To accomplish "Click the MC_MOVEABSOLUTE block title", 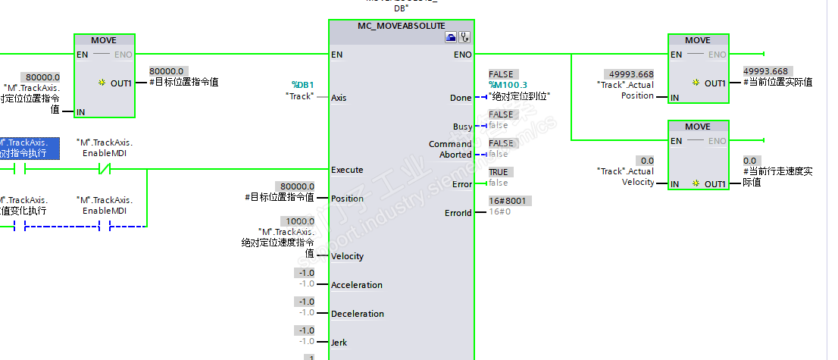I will coord(401,26).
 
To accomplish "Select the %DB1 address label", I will coord(302,85).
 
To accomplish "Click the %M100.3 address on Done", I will coord(508,85).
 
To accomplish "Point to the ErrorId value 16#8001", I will coord(507,201).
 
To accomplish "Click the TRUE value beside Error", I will coord(499,172).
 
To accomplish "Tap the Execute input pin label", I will coord(347,170).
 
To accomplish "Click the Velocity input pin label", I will coord(347,256).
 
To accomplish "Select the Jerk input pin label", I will coord(339,343).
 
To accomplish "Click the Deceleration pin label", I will coord(357,314).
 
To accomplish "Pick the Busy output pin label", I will coord(462,127).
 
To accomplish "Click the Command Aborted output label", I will coord(450,149).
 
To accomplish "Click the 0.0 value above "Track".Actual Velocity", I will coord(647,161).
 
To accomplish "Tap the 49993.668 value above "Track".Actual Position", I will coord(630,74).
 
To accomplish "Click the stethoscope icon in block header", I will coord(464,37).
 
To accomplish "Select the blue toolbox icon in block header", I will coord(451,37).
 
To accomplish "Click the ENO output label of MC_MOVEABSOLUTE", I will coord(462,55).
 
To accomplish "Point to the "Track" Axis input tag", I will coord(299,96).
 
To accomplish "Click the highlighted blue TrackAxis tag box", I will coord(28,147).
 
